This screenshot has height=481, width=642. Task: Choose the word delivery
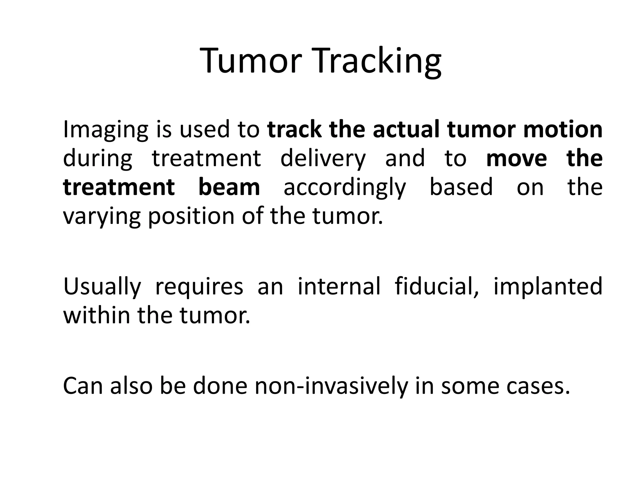pos(323,158)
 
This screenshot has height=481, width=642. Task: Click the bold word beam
pos(229,187)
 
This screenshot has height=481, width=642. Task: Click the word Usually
pos(102,287)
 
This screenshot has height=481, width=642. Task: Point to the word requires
pos(199,287)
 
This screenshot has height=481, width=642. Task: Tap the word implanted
pos(548,287)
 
